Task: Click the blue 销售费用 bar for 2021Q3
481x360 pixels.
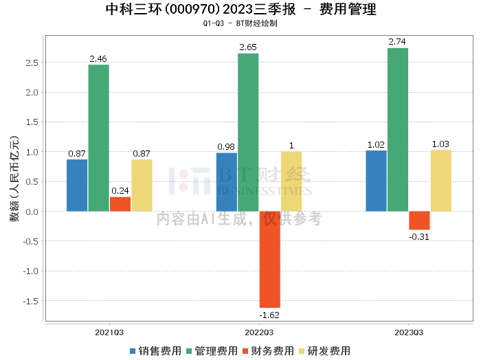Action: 77,185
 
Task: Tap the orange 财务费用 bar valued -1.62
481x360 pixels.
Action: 269,259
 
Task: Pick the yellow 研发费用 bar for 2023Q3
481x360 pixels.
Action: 440,181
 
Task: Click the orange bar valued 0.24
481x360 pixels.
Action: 120,204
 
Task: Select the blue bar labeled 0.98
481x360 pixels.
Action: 226,182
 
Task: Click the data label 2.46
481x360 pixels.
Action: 99,60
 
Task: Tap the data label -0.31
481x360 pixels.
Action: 419,236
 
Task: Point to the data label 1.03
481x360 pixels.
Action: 440,144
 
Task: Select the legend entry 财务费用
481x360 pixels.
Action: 270,351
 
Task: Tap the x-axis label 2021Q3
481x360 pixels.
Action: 109,332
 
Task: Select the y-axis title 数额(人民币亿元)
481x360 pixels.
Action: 14,179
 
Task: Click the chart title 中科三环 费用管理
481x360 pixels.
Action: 240,10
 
